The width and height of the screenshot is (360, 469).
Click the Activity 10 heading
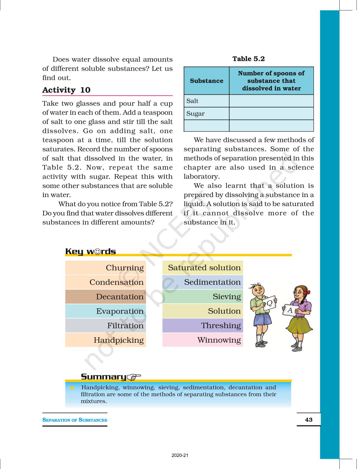pyautogui.click(x=66, y=90)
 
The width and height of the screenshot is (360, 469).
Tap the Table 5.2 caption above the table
pyautogui.click(x=248, y=59)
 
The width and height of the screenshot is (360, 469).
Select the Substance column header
pyautogui.click(x=206, y=81)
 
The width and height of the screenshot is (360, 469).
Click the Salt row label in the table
pyautogui.click(x=192, y=101)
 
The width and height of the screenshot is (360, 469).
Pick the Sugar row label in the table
pyautogui.click(x=195, y=114)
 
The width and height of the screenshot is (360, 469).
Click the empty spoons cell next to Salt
pyautogui.click(x=271, y=101)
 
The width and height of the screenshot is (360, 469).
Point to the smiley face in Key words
pyautogui.click(x=97, y=252)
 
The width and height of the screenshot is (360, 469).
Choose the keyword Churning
pyautogui.click(x=125, y=268)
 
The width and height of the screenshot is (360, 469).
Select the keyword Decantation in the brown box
pyautogui.click(x=120, y=297)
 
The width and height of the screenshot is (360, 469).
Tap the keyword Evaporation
pyautogui.click(x=120, y=311)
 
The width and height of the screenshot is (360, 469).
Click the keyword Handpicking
pyautogui.click(x=119, y=340)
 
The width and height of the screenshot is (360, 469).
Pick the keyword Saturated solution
pyautogui.click(x=204, y=268)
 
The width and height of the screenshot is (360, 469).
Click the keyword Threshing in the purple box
pyautogui.click(x=221, y=325)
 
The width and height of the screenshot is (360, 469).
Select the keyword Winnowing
pyautogui.click(x=219, y=340)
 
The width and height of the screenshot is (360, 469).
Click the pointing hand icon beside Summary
pyautogui.click(x=134, y=377)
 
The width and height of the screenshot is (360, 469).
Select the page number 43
pyautogui.click(x=309, y=420)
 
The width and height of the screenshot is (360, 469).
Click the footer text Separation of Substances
pyautogui.click(x=75, y=420)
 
